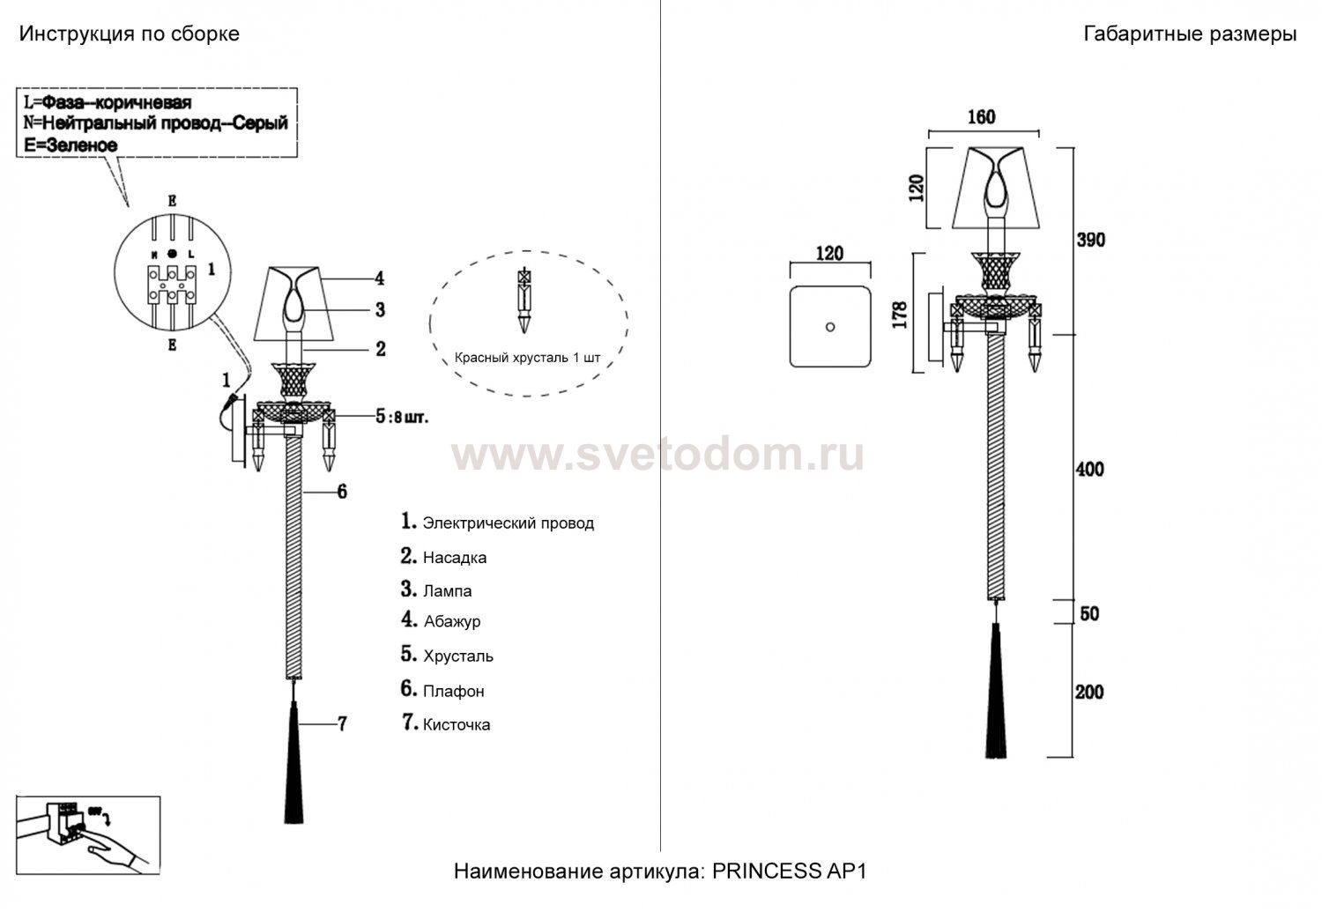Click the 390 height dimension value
(x=1091, y=240)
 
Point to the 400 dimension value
(x=1089, y=470)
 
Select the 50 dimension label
(x=1089, y=614)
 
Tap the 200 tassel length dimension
(x=1088, y=692)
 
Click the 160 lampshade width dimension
(x=982, y=117)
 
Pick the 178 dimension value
(x=900, y=315)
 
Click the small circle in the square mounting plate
(x=830, y=327)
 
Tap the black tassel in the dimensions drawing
(x=996, y=690)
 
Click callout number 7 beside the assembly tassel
(x=342, y=723)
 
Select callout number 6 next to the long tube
(x=342, y=492)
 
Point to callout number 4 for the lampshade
(x=380, y=278)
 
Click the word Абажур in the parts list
(x=452, y=622)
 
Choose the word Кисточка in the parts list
(x=457, y=724)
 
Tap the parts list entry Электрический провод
(x=509, y=523)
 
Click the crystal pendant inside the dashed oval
(x=524, y=301)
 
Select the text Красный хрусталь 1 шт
(x=528, y=358)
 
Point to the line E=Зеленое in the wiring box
(x=71, y=145)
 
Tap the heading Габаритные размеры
(x=1190, y=34)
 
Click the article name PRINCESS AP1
(x=789, y=871)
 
